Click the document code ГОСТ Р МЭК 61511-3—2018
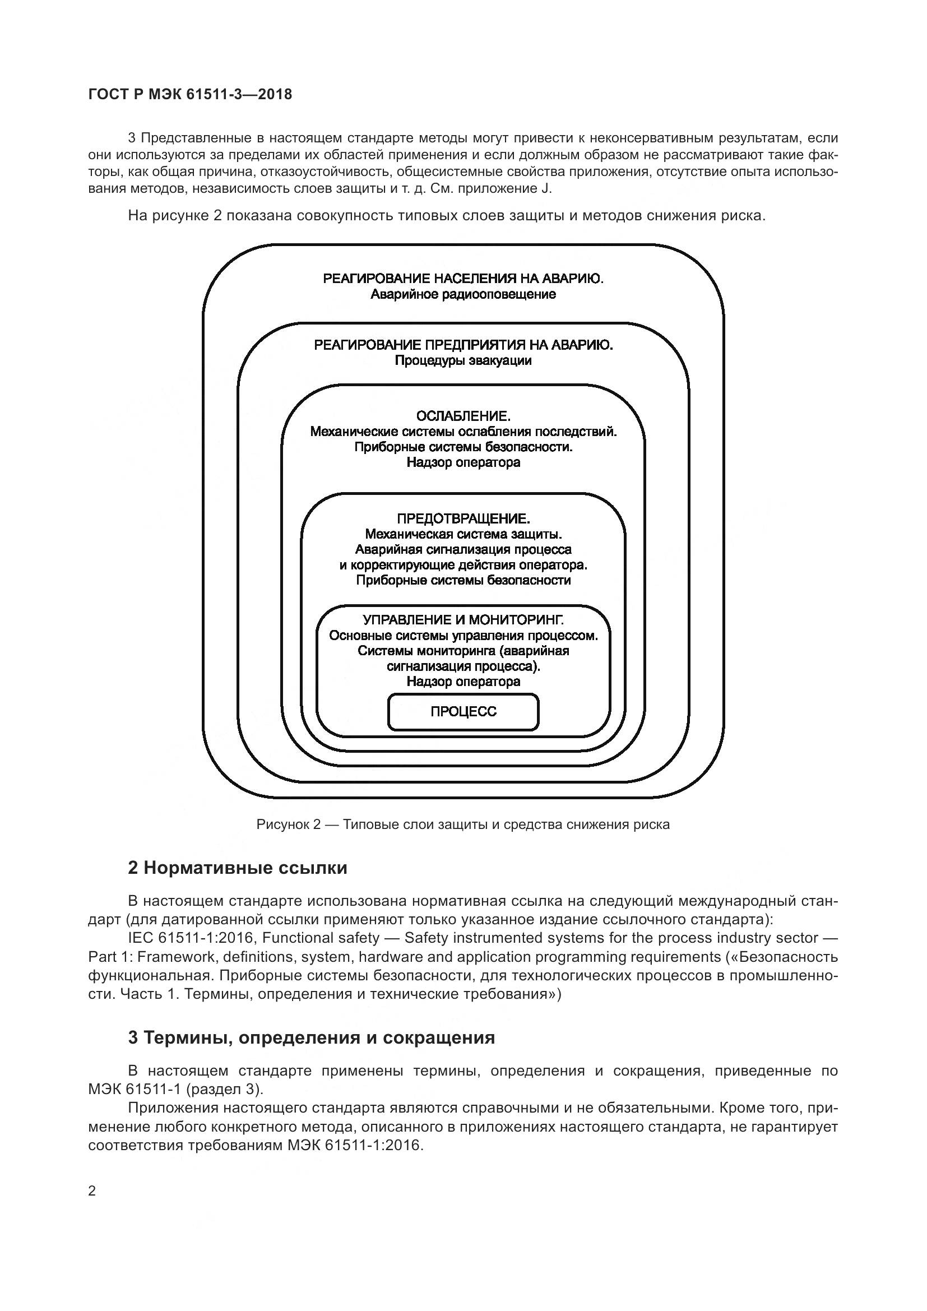[190, 94]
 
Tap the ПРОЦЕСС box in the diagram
[463, 711]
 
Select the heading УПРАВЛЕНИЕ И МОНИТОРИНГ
[463, 619]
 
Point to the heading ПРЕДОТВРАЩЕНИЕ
[463, 518]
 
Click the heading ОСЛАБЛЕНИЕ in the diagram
[463, 415]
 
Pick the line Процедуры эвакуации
[463, 360]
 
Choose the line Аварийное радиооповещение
[463, 294]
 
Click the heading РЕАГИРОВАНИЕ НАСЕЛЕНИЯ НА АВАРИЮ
[463, 279]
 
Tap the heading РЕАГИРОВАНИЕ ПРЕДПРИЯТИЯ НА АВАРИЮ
[463, 345]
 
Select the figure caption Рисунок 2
[463, 824]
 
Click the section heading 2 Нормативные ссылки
[238, 868]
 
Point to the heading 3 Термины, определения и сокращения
[311, 1037]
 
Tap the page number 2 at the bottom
[92, 1191]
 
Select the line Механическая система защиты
[463, 534]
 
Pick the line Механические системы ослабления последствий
[463, 431]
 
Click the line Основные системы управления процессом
[463, 636]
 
